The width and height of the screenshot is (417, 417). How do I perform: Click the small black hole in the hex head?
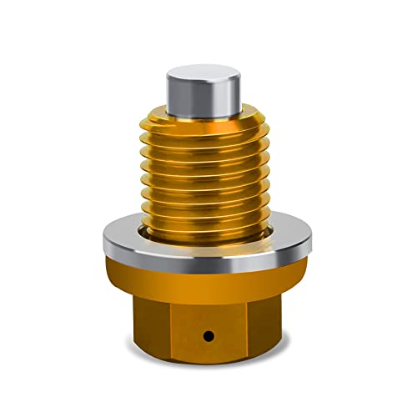tap(208, 334)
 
